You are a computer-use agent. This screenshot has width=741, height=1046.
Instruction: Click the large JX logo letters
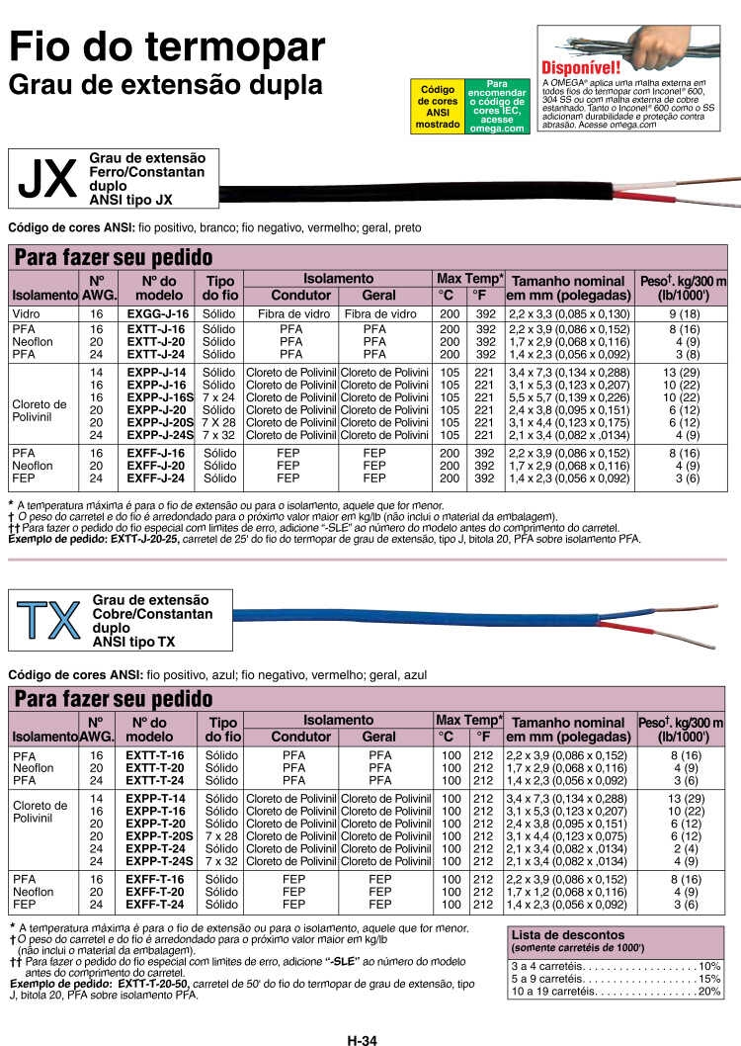click(x=47, y=178)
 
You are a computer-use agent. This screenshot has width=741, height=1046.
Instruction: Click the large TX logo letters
click(x=48, y=620)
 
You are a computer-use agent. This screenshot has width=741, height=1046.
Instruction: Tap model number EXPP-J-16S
click(x=158, y=397)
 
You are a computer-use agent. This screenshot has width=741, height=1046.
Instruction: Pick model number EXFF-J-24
click(x=156, y=478)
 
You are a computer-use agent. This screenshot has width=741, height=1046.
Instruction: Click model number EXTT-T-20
click(x=155, y=767)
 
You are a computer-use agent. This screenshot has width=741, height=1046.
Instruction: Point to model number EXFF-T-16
click(x=155, y=879)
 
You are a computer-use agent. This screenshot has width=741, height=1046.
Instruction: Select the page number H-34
click(x=363, y=1039)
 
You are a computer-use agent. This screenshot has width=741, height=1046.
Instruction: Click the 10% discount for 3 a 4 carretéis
click(x=709, y=965)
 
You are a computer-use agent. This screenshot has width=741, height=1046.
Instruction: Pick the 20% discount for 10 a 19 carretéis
click(x=709, y=991)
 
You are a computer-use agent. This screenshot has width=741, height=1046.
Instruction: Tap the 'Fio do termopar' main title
click(x=167, y=45)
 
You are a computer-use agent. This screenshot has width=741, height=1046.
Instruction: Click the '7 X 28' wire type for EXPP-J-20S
click(x=220, y=422)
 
